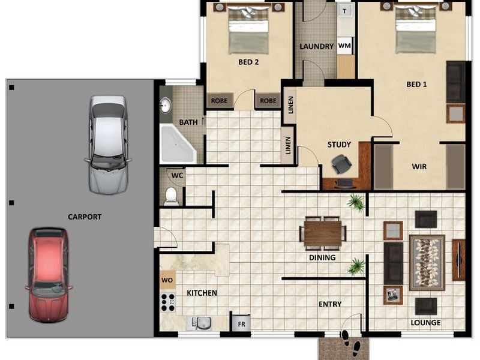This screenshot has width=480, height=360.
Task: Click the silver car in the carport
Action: [x=108, y=145]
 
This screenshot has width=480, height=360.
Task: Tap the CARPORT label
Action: [x=85, y=217]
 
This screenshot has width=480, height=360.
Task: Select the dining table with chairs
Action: [x=323, y=233]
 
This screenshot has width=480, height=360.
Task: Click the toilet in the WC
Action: [x=172, y=196]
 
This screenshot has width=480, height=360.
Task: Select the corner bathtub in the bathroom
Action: [x=177, y=145]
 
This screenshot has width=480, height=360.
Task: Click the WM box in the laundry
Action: [x=344, y=46]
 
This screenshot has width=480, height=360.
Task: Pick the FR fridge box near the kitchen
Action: [x=241, y=323]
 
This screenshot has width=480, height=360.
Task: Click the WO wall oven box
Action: [x=167, y=280]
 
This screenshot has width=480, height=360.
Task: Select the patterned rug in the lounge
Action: [x=427, y=262]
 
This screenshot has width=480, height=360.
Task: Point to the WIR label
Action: [x=419, y=166]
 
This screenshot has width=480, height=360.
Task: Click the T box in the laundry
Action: [x=344, y=11]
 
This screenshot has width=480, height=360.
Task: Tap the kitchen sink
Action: [x=200, y=322]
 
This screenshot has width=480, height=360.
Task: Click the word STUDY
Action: [x=339, y=145]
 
